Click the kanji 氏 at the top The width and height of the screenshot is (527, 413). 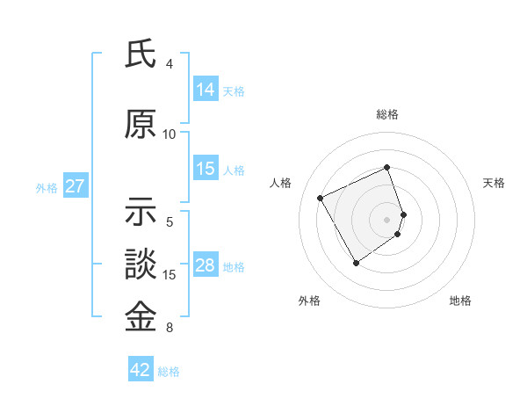pyautogui.click(x=141, y=54)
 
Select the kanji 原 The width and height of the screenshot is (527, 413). pyautogui.click(x=141, y=125)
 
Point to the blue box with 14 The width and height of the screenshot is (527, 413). pyautogui.click(x=206, y=90)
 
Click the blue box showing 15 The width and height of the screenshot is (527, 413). pyautogui.click(x=206, y=169)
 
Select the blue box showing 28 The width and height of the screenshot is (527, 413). pyautogui.click(x=206, y=265)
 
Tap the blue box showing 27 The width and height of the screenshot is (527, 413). pyautogui.click(x=76, y=186)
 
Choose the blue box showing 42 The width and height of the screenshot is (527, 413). pyautogui.click(x=141, y=370)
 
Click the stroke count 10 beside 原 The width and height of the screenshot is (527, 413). pyautogui.click(x=170, y=134)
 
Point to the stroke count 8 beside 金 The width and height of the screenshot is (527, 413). pyautogui.click(x=170, y=328)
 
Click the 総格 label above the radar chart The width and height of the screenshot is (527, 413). pyautogui.click(x=387, y=114)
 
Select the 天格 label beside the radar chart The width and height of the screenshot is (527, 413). pyautogui.click(x=494, y=183)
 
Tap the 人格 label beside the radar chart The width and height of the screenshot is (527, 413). pyautogui.click(x=281, y=183)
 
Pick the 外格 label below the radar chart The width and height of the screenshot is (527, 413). pyautogui.click(x=309, y=301)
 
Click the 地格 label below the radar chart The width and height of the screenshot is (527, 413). pyautogui.click(x=460, y=301)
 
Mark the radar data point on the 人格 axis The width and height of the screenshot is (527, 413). pyautogui.click(x=321, y=199)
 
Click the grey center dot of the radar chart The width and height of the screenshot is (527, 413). pyautogui.click(x=387, y=219)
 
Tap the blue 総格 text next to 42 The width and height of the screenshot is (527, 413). pyautogui.click(x=169, y=372)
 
